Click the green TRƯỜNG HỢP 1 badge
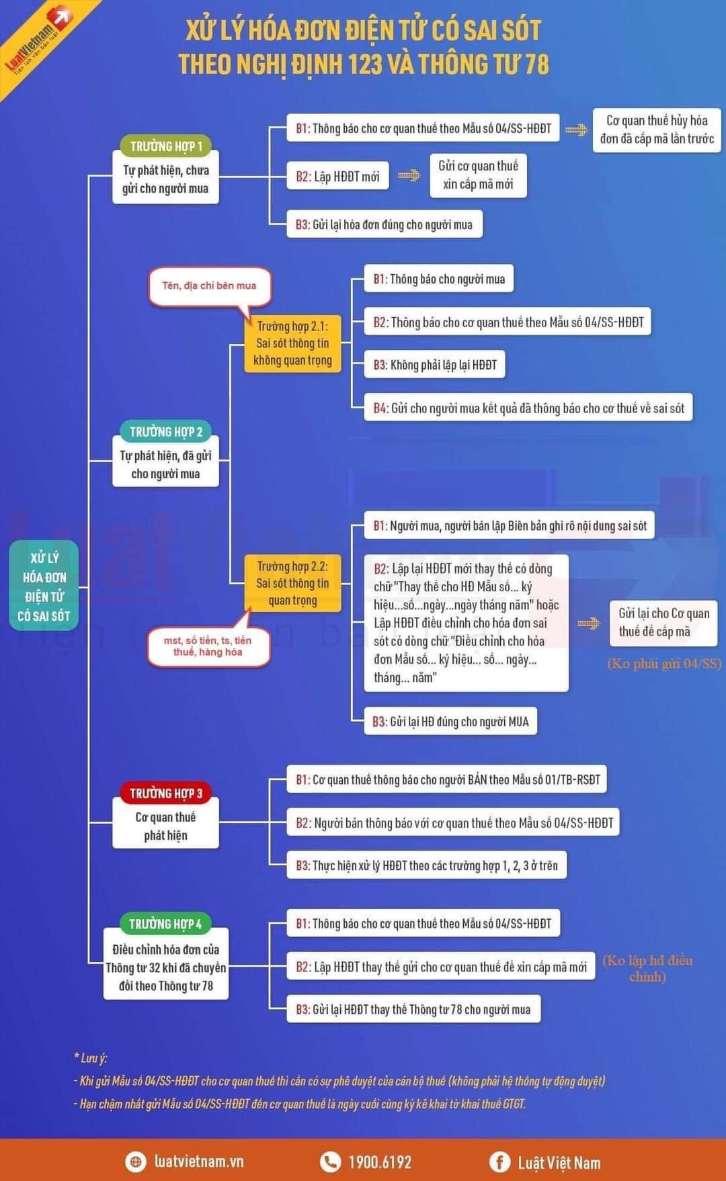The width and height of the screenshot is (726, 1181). click(165, 146)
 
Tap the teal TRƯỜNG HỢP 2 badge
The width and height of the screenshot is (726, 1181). click(165, 431)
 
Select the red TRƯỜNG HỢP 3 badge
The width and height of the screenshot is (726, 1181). click(165, 793)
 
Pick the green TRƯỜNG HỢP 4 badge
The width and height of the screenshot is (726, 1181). click(165, 924)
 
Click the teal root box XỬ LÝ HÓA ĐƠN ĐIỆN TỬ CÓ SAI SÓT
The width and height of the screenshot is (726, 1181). click(44, 586)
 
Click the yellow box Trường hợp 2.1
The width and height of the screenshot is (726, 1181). click(292, 343)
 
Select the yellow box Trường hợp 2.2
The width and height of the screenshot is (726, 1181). click(292, 582)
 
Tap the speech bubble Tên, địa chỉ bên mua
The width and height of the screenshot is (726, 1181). click(209, 286)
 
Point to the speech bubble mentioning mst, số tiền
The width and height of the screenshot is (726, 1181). click(208, 646)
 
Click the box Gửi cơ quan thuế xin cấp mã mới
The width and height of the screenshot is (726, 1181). click(478, 175)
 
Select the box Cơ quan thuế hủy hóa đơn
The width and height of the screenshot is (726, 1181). click(657, 130)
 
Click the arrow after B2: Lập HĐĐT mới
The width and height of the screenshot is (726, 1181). click(409, 176)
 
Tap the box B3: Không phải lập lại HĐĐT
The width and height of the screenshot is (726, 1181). click(434, 365)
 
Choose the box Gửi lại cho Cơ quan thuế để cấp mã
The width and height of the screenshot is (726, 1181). click(663, 622)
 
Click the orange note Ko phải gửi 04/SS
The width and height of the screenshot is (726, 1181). click(664, 664)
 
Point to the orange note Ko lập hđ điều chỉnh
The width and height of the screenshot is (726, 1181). click(647, 968)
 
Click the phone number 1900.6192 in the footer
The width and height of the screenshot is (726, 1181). click(379, 1162)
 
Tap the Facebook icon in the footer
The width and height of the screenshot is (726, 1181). click(499, 1162)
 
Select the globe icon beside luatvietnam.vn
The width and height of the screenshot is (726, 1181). click(135, 1162)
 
